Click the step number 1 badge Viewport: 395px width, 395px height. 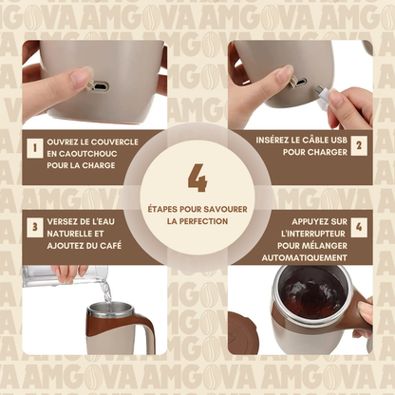pos(35,148)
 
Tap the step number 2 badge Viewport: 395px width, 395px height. pos(359,145)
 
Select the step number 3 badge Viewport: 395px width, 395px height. pos(35,227)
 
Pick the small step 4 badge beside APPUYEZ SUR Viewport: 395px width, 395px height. pos(359,227)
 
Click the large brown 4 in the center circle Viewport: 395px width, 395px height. pos(197,178)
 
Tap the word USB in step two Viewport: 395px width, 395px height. pos(339,140)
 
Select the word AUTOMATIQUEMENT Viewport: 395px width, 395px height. pos(304,258)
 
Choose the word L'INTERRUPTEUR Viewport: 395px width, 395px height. pos(313,234)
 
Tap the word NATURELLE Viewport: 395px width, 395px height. pos(66,234)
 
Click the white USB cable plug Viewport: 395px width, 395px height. pos(323,97)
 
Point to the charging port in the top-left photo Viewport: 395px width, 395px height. pos(101,86)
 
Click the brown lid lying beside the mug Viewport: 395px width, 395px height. pos(243,332)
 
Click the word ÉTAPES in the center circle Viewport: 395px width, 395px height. pos(162,209)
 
